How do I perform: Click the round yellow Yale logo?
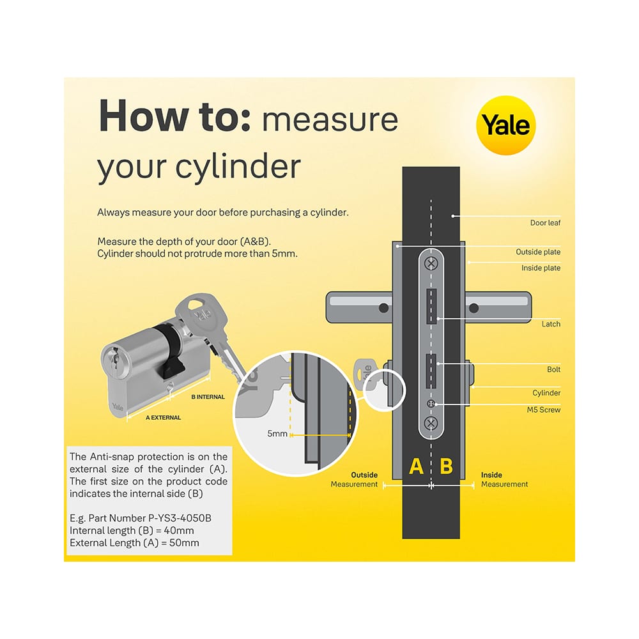506,125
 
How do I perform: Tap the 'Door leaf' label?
545,223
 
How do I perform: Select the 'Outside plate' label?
538,252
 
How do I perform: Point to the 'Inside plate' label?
541,268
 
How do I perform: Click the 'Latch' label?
551,324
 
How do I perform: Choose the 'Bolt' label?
553,370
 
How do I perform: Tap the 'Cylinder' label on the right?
546,393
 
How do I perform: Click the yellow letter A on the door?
416,466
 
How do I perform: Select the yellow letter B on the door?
447,466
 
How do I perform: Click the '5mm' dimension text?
277,434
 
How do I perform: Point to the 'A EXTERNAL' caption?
163,417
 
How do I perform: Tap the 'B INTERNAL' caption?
208,397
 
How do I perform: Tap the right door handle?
498,307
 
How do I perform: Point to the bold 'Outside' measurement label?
364,475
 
